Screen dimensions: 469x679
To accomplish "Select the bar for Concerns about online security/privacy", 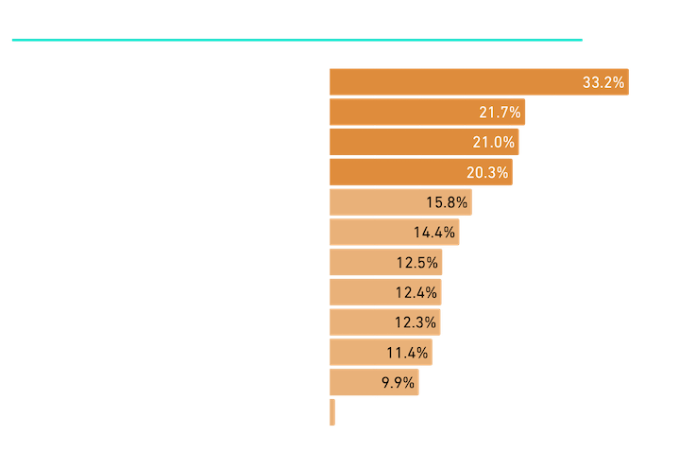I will tap(478, 82).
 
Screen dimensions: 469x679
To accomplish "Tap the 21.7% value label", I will tap(497, 113).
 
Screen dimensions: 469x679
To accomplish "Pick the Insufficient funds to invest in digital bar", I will tap(423, 143).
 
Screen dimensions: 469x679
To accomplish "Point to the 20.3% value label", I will tap(487, 173).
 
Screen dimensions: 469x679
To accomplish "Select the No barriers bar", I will tap(394, 232).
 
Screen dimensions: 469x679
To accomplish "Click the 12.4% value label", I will tap(415, 292).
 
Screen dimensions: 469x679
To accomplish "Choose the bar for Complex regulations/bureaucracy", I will tap(384, 321).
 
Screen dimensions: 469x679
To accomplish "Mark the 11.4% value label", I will tap(407, 352).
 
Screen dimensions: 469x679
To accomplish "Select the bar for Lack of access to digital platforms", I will tap(374, 382).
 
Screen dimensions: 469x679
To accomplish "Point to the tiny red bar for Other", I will tap(332, 411).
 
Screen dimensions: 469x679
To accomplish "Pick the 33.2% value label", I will tap(603, 83).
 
